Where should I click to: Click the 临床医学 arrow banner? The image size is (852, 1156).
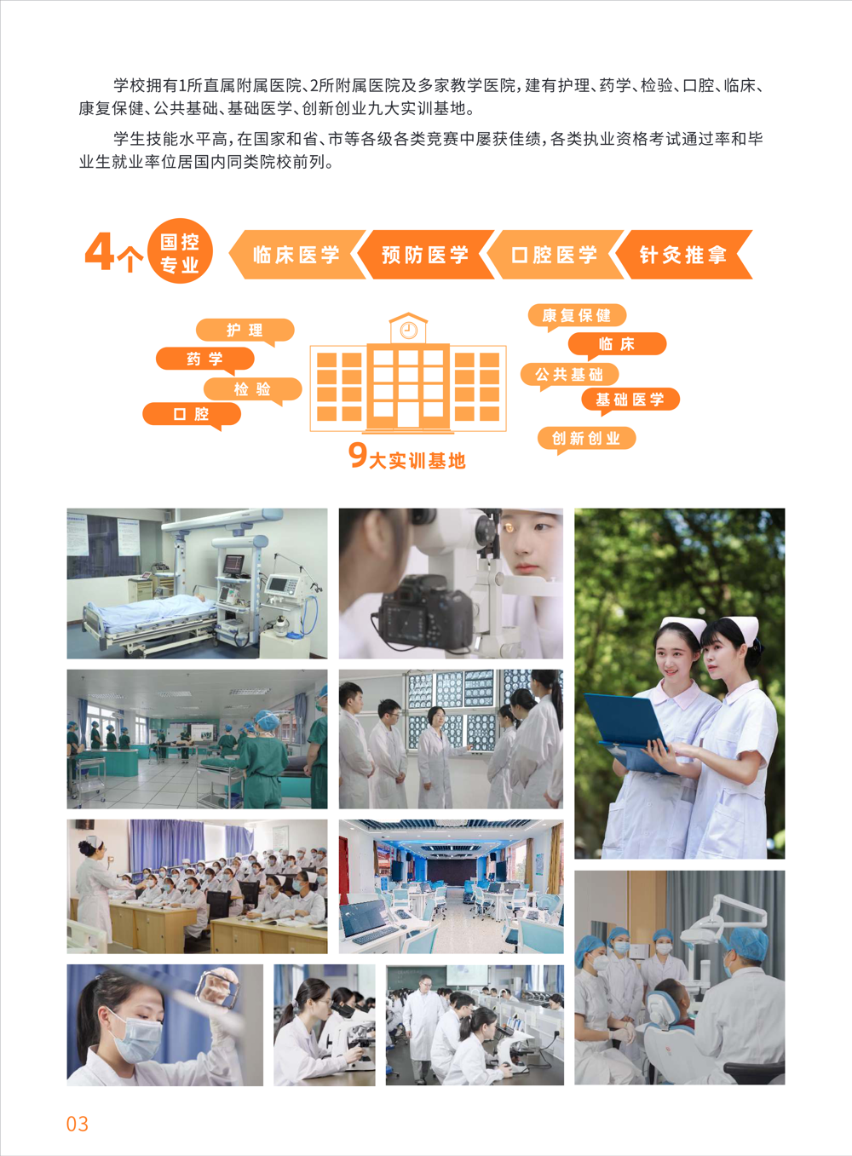point(296,255)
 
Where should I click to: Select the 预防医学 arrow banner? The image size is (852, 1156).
point(426,255)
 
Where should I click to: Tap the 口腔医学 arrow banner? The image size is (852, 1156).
point(555,255)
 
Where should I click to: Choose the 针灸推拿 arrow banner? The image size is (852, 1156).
point(684,255)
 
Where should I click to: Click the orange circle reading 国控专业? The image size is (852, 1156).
point(180,251)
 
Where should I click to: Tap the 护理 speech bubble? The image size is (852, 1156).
point(245,331)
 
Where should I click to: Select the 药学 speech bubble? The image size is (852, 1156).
point(204,359)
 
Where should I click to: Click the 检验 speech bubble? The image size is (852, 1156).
point(253,390)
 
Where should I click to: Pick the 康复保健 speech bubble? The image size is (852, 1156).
point(577,316)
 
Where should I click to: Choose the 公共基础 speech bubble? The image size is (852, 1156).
point(569,375)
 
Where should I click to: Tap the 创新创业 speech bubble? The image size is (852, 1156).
point(587,440)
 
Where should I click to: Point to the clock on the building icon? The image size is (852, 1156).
point(409,330)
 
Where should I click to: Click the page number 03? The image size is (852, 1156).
point(78,1124)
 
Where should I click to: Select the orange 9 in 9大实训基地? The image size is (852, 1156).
point(358,455)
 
